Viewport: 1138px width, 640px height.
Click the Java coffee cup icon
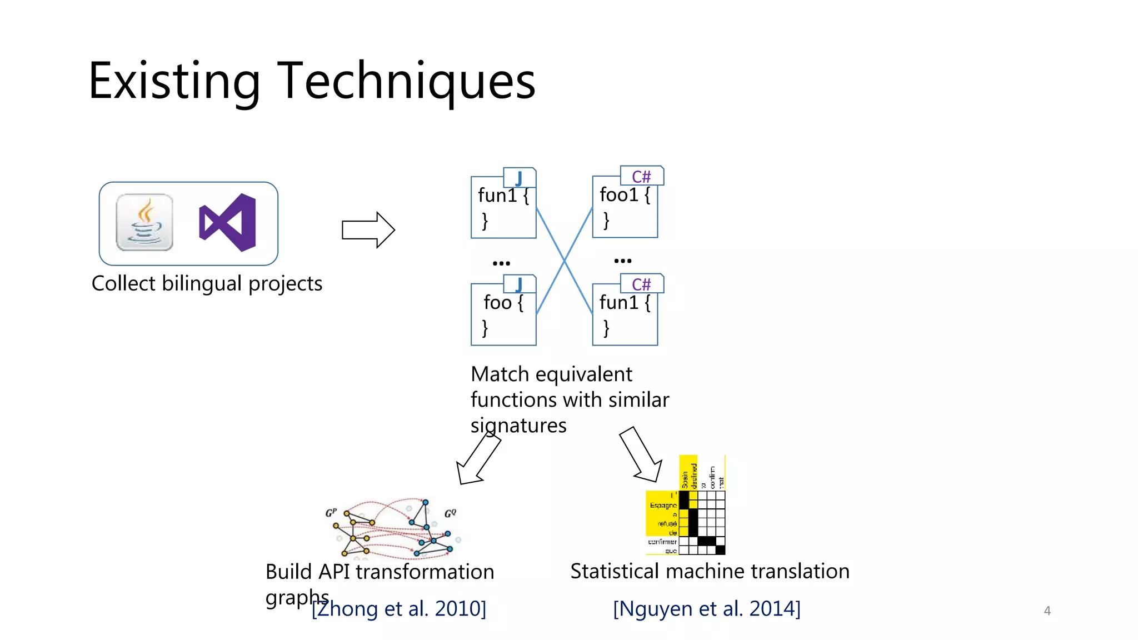tap(144, 223)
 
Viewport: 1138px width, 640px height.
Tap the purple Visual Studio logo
tap(228, 223)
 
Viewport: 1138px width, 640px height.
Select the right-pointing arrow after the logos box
tap(368, 229)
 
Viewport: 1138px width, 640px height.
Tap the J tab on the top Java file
tap(519, 178)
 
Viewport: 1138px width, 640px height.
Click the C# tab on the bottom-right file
tap(641, 284)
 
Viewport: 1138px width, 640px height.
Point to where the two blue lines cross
tap(565, 260)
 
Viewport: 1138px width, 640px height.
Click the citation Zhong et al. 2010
tap(398, 609)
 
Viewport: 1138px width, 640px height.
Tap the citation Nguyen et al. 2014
tap(706, 609)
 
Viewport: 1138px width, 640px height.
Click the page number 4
tap(1047, 611)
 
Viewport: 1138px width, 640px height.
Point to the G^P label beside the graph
tap(331, 512)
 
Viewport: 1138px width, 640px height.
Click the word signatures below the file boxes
tap(518, 426)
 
